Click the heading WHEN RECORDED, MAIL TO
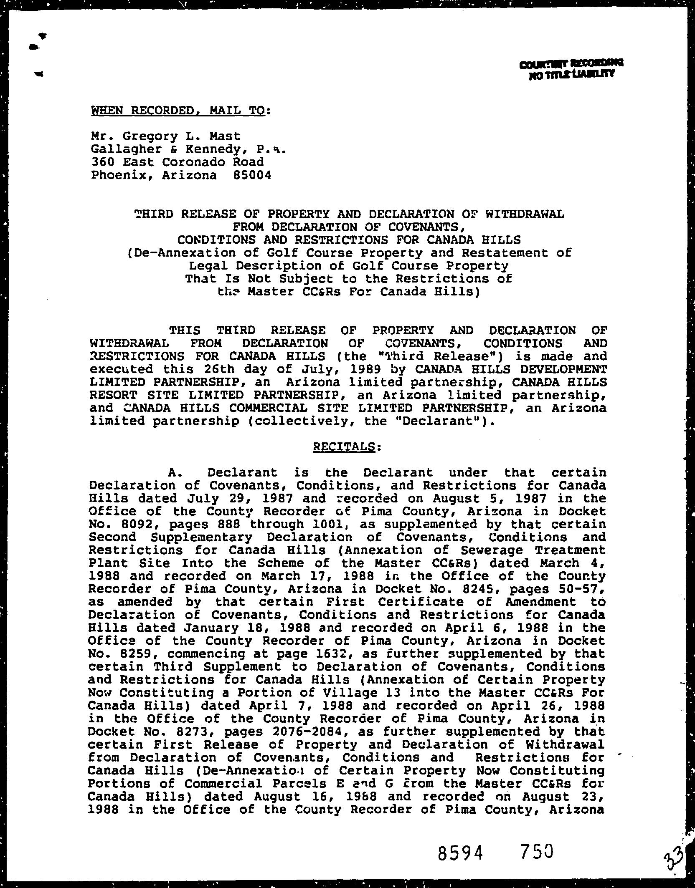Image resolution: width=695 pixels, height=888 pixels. (178, 111)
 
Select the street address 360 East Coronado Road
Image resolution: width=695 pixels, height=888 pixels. (178, 162)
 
